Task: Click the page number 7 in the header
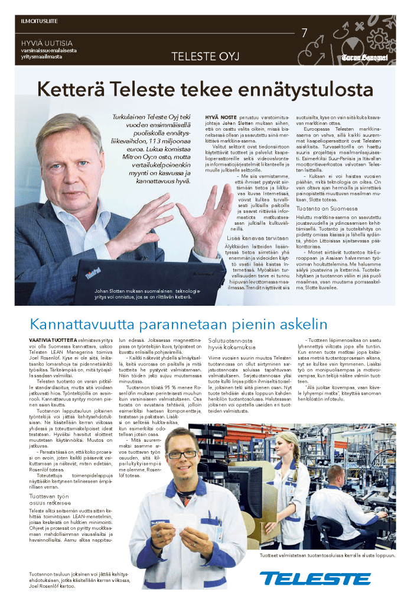305,33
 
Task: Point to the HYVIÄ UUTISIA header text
47,43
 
